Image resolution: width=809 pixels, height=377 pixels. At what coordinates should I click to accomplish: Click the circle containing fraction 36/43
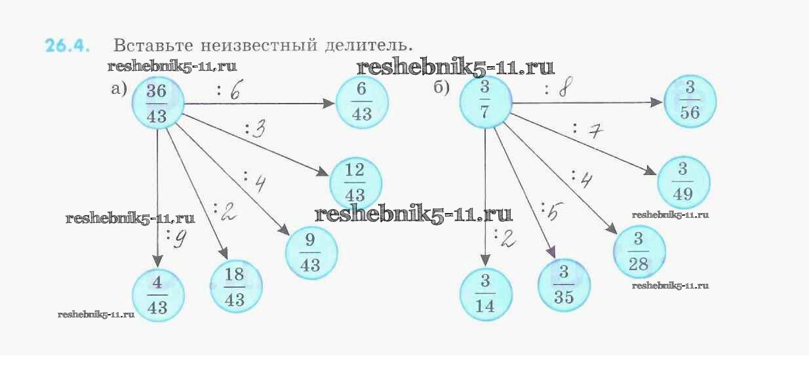158,104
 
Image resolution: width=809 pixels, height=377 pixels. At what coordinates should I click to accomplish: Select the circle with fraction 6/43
362,104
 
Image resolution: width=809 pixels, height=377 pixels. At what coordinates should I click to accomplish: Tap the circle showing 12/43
355,183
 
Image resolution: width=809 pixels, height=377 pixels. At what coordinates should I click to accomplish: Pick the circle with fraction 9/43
311,253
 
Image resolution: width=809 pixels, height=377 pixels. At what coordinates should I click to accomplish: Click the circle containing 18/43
235,287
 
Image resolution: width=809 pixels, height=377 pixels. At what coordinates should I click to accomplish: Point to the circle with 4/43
158,296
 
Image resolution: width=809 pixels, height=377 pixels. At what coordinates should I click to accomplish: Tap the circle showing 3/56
690,101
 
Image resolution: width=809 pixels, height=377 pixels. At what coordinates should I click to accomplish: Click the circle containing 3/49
683,181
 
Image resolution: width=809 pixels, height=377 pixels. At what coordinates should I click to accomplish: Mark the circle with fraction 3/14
485,293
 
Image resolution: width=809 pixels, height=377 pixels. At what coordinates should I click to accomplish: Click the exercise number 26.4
68,47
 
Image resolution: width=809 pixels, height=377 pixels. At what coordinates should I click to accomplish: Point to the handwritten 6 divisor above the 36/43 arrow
234,92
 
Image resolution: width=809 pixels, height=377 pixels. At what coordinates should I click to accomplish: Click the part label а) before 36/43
119,89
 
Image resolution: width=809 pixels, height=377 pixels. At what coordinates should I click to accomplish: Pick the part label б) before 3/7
442,88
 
